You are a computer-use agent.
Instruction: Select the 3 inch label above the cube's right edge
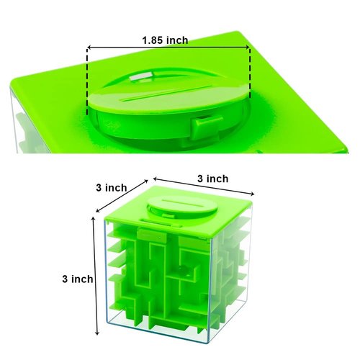pyautogui.click(x=213, y=179)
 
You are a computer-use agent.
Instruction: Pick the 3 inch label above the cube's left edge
pyautogui.click(x=111, y=187)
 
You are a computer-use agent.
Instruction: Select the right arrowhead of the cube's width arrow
pyautogui.click(x=254, y=194)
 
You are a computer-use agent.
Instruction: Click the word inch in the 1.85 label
pyautogui.click(x=177, y=40)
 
